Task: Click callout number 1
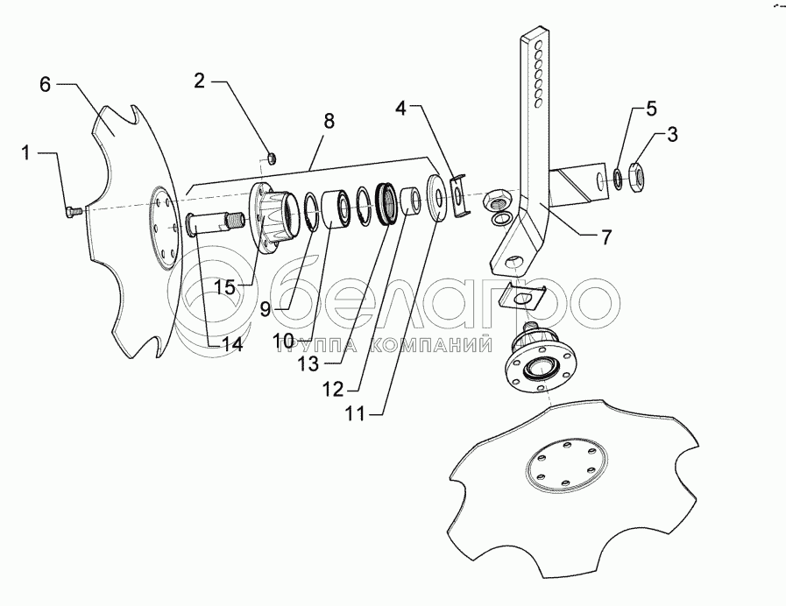coord(26,154)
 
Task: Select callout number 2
coord(200,81)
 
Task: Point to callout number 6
coord(46,85)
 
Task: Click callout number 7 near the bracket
coord(605,236)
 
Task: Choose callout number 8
coord(329,121)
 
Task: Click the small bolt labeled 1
coord(74,210)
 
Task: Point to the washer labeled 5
coord(619,180)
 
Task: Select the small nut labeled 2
coord(272,158)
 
